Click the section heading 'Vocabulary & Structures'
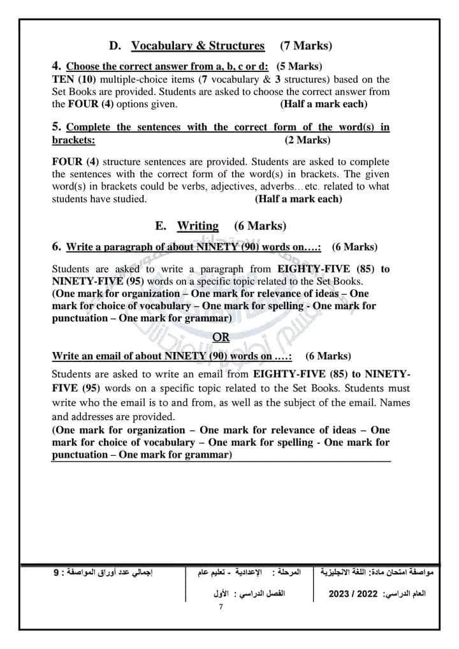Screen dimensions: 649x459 click(198, 45)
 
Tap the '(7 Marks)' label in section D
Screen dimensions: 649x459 click(306, 45)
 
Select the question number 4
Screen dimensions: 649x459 click(56, 66)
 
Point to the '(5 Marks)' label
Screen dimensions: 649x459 click(299, 66)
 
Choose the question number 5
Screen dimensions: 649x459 click(56, 127)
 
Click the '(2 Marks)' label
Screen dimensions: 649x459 click(307, 140)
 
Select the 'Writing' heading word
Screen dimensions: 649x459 click(198, 226)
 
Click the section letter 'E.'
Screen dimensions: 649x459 click(161, 226)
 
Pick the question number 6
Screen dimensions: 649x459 click(56, 246)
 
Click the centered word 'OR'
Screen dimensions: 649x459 click(221, 337)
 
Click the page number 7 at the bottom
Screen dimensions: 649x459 click(221, 606)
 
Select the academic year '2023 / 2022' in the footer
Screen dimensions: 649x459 click(351, 594)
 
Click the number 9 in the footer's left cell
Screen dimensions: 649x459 click(56, 572)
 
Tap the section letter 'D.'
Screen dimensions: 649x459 click(115, 45)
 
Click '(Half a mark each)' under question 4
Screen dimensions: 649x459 click(324, 103)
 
